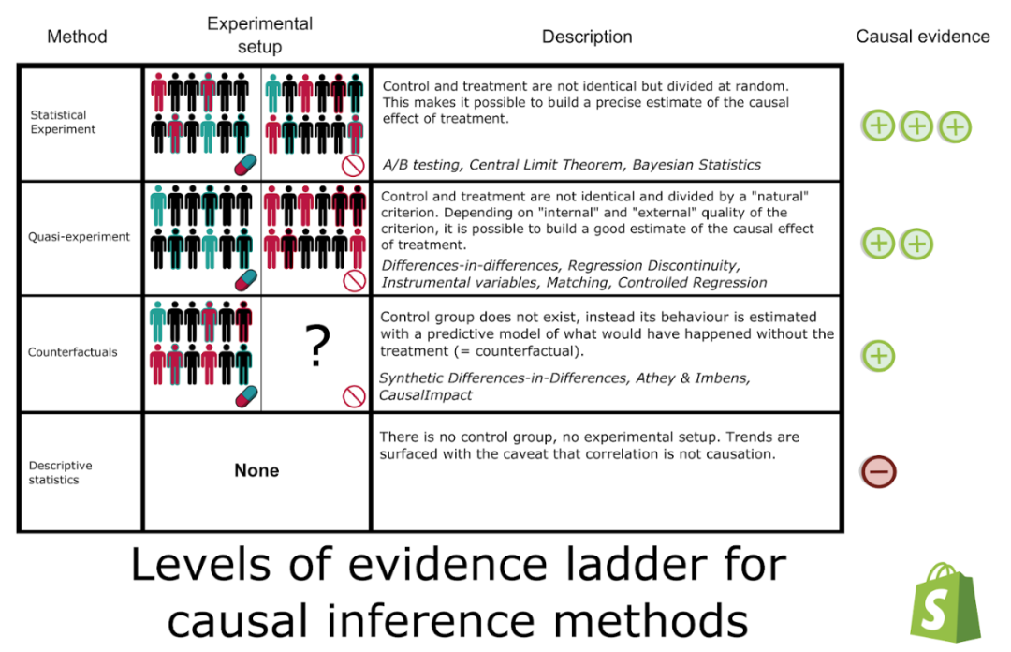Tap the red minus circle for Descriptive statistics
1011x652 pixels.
point(878,471)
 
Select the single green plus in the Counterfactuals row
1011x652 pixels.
point(878,356)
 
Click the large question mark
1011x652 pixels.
point(318,346)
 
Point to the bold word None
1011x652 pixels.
point(256,470)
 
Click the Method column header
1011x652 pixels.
point(77,37)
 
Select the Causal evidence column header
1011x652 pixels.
point(922,37)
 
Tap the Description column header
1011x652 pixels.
point(587,37)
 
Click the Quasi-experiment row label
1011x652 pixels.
point(80,237)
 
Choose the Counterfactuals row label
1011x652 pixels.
point(73,352)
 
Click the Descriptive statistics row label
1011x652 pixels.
point(60,472)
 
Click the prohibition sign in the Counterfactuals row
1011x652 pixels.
point(354,396)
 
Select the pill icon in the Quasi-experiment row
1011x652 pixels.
point(243,280)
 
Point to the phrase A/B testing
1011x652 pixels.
point(421,165)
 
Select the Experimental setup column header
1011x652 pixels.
point(259,35)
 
